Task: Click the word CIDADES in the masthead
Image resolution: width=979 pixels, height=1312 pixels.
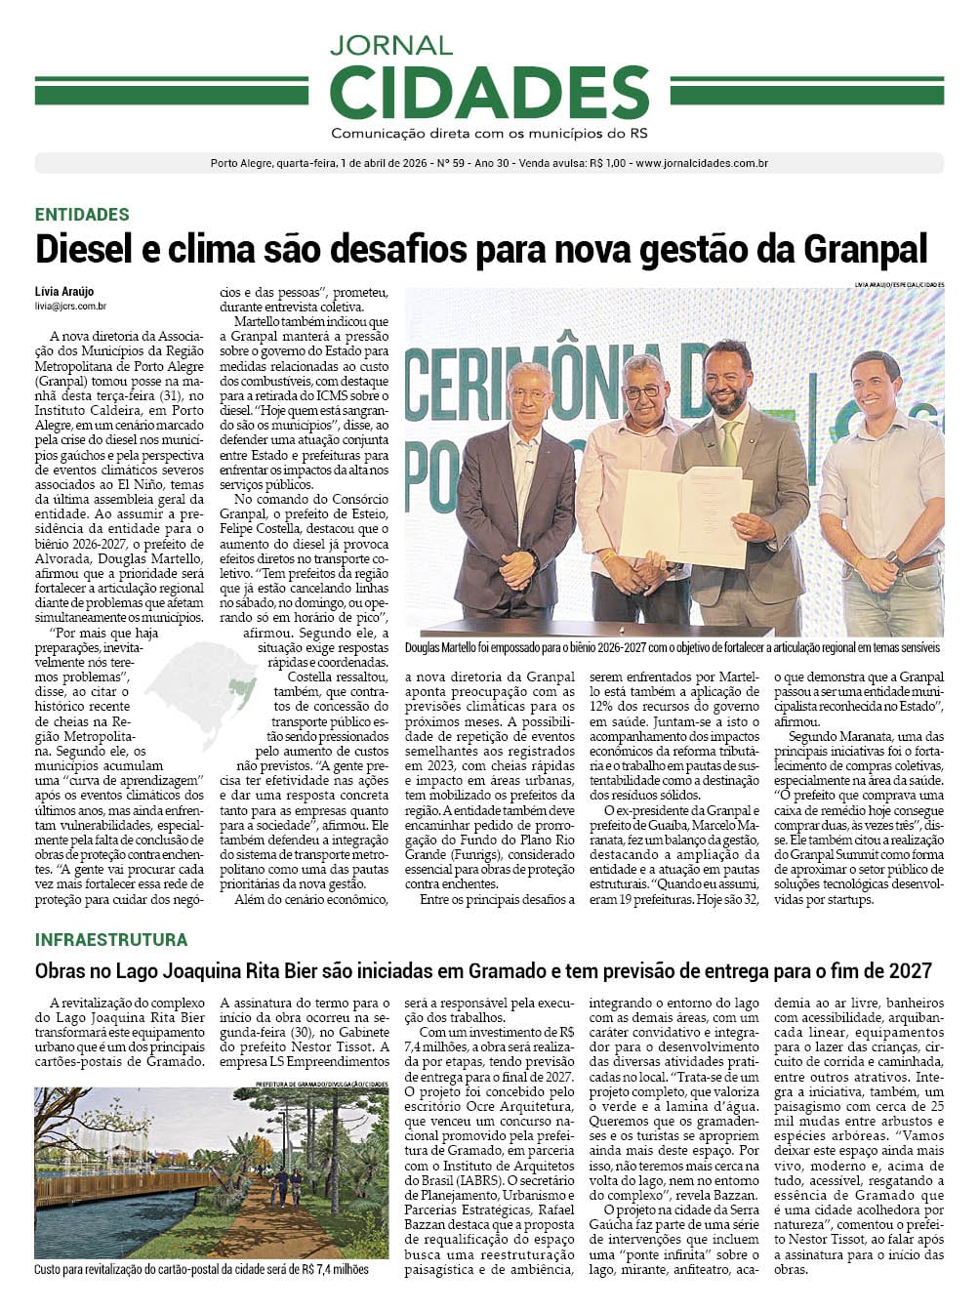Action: [x=489, y=92]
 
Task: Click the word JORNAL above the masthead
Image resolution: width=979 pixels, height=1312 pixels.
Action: [x=390, y=45]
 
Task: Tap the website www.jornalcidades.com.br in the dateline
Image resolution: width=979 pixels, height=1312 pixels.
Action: [x=702, y=163]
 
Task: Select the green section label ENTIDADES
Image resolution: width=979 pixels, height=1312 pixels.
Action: [x=82, y=215]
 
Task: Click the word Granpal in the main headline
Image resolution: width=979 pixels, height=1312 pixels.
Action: [x=865, y=249]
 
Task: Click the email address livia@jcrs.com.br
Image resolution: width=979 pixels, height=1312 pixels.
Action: [x=70, y=307]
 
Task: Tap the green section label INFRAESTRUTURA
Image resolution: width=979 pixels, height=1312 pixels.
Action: [x=111, y=940]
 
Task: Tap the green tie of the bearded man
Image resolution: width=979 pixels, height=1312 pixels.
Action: [x=729, y=443]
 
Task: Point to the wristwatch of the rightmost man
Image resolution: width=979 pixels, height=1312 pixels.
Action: [x=891, y=560]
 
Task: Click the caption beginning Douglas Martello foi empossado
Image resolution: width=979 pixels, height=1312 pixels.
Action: [x=673, y=647]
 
